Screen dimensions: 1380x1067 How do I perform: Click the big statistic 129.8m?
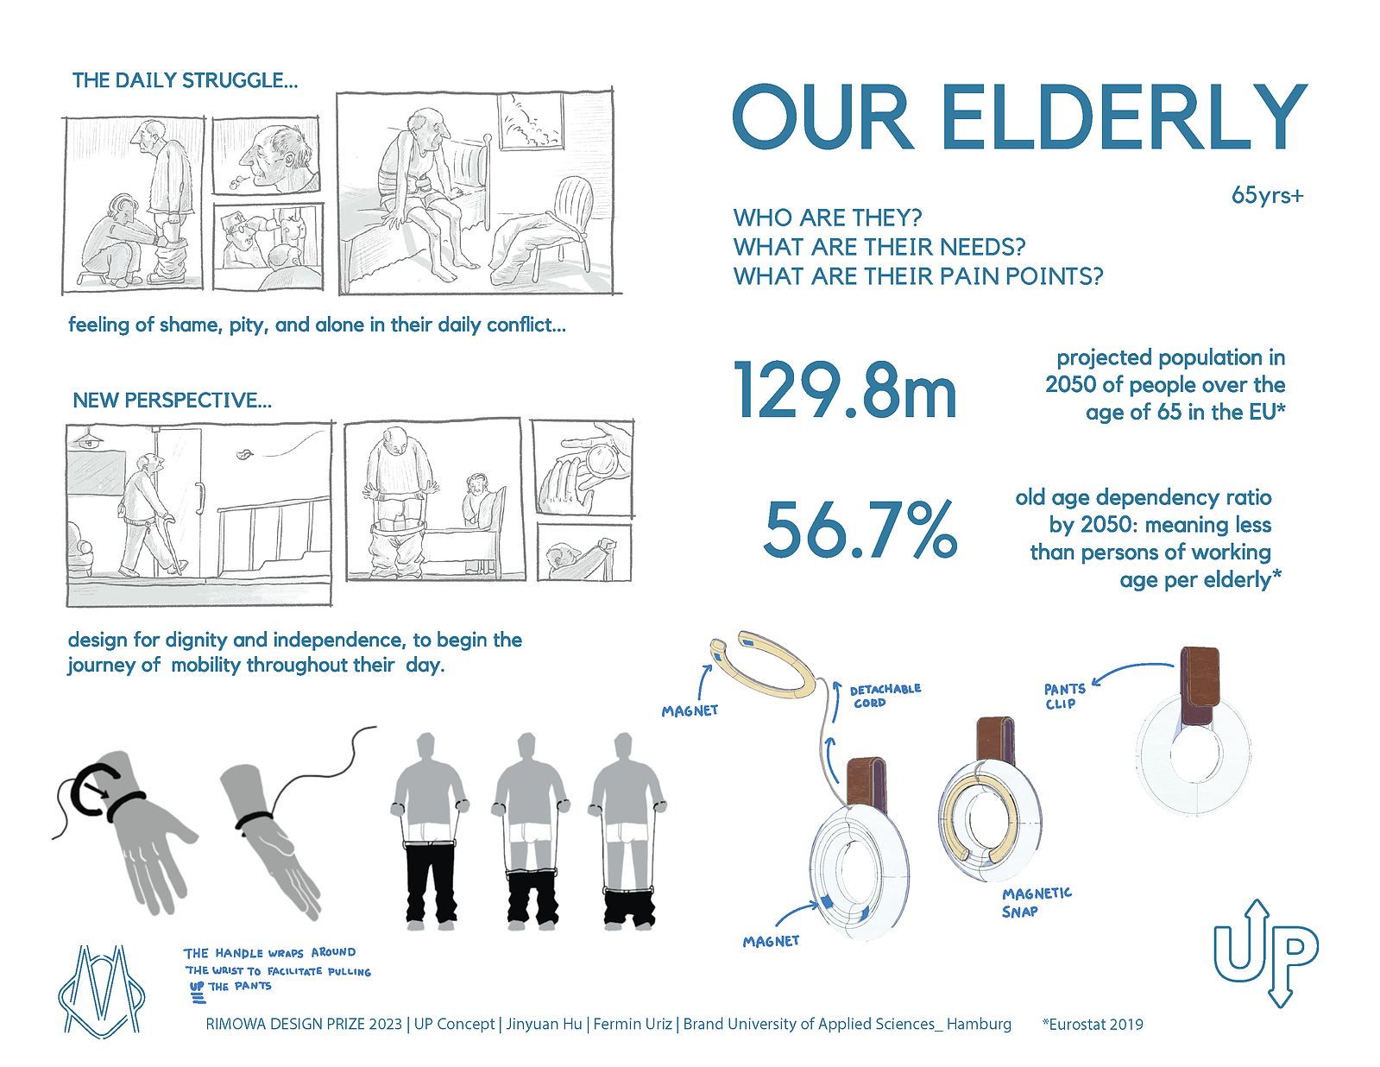[844, 389]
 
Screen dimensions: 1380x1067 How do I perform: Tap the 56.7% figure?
[860, 528]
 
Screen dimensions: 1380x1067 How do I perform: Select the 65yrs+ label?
[1267, 195]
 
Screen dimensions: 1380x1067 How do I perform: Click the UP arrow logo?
[1266, 953]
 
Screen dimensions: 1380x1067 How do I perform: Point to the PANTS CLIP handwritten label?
[1064, 696]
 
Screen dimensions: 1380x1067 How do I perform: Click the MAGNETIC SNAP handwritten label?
[1037, 902]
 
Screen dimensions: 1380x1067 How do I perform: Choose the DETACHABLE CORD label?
[885, 696]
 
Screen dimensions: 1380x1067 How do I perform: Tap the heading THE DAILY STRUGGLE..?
[185, 80]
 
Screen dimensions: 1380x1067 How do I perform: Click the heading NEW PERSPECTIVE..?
[172, 401]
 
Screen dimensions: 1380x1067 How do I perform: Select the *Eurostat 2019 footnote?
[1093, 1024]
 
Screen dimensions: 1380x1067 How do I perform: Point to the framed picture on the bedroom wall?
[531, 122]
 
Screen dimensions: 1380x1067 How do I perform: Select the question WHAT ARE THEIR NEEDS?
[879, 247]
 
